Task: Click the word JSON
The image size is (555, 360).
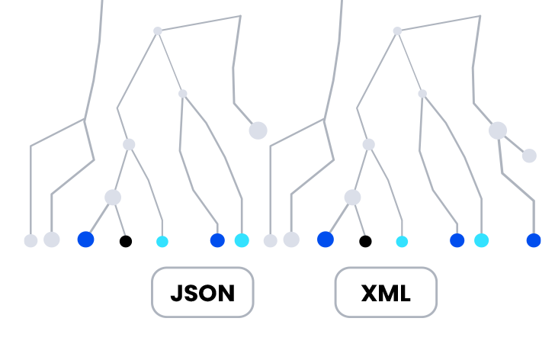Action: point(202,293)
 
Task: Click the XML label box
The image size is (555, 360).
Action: point(386,292)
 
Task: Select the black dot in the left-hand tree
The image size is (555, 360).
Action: point(126,241)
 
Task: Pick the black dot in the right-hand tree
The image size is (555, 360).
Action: point(365,241)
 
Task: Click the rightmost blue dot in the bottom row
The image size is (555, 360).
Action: point(534,240)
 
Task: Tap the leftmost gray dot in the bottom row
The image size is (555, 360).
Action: point(30,241)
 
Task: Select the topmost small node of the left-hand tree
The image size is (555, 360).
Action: point(158,31)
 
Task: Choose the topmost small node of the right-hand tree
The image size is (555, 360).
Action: point(397,31)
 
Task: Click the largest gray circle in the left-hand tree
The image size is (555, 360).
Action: point(258,130)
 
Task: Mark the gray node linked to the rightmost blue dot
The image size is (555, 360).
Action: point(529,156)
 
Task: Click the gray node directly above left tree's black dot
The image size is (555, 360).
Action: point(113,198)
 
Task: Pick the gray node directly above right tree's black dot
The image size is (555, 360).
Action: point(352,198)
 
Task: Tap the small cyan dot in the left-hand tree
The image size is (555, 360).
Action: point(162,242)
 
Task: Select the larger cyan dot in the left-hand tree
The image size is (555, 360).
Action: point(242,240)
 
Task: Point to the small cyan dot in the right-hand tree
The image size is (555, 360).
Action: point(402,242)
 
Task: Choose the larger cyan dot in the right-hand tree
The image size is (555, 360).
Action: point(481,240)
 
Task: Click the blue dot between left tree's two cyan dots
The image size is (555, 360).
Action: point(217,240)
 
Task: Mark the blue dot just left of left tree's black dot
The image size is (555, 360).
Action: point(85,239)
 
